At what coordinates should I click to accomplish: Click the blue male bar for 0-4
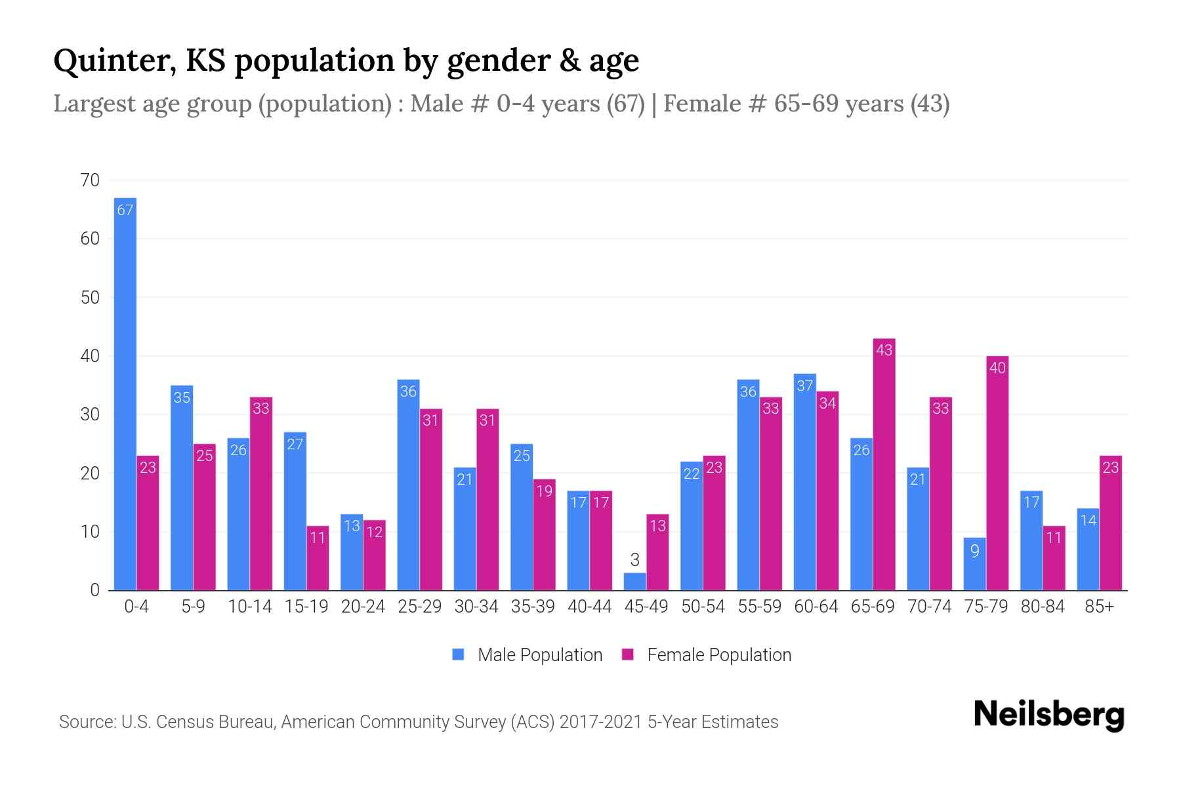125,393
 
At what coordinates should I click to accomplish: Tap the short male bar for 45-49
634,582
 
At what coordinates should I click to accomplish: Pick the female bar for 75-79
997,473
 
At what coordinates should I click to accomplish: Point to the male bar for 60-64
805,482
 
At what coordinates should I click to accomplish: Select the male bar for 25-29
408,485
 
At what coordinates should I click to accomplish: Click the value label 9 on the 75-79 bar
975,551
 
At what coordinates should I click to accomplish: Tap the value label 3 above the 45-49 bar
634,560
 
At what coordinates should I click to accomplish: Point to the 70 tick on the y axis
90,180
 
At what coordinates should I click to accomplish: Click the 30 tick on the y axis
90,414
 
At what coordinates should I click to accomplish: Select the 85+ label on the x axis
1099,607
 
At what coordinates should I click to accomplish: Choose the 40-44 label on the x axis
589,607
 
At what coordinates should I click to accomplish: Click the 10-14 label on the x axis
249,607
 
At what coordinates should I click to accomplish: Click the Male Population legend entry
528,655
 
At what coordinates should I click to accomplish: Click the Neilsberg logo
1048,714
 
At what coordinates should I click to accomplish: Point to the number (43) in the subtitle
930,104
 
